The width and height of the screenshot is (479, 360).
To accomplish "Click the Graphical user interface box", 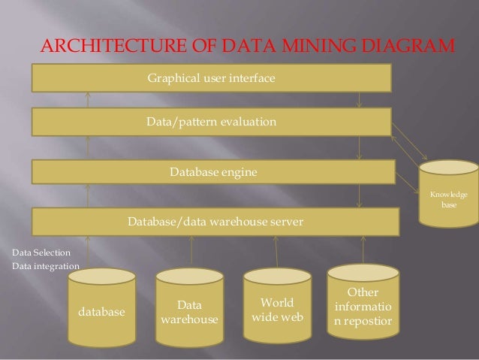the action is (x=211, y=77).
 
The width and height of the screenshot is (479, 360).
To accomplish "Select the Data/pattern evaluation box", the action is (x=211, y=121).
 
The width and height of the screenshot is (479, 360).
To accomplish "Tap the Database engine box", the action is (x=213, y=172).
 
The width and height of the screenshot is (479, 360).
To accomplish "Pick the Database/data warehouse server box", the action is (x=215, y=222).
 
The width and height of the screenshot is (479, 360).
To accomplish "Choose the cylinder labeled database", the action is (x=102, y=308).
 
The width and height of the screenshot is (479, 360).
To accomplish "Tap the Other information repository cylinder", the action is (x=364, y=304).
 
